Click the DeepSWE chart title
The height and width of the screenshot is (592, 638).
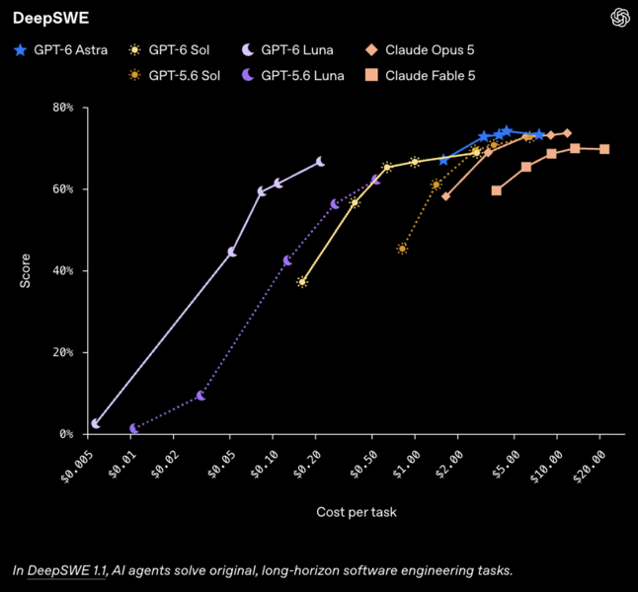click(50, 18)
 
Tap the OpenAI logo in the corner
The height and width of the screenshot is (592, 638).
click(620, 18)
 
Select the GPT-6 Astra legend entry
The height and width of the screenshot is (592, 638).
click(60, 50)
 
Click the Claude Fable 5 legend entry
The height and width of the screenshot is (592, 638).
click(421, 75)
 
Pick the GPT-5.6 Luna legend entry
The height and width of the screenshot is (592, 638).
click(293, 75)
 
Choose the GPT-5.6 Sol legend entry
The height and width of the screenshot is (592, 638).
click(174, 75)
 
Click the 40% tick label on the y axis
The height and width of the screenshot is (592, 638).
click(63, 270)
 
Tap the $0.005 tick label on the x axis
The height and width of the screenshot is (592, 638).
click(77, 467)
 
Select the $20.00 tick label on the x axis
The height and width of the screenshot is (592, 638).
click(590, 467)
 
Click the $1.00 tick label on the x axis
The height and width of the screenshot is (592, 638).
click(407, 465)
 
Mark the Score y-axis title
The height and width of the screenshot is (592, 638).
click(26, 270)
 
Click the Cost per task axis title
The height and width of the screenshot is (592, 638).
click(357, 512)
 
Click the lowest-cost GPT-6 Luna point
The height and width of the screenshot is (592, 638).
click(96, 423)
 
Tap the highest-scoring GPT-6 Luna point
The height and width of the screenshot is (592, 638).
click(321, 162)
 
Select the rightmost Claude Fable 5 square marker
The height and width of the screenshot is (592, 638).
click(604, 149)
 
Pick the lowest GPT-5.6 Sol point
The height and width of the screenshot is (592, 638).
click(402, 249)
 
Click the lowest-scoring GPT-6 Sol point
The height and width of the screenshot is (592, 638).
click(302, 282)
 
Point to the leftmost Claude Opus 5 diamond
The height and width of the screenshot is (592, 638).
click(446, 196)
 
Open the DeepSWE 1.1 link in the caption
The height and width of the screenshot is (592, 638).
click(66, 570)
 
